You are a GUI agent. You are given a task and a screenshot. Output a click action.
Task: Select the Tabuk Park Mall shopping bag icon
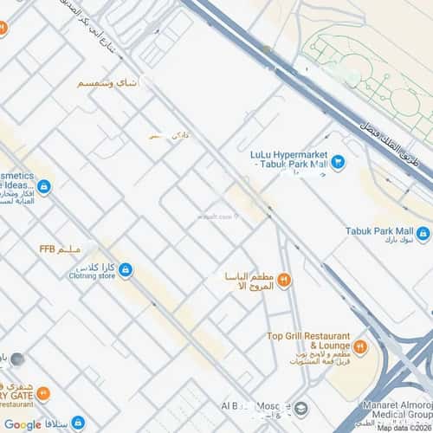coord(423,232)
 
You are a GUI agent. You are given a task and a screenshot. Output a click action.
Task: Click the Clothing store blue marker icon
coord(126,271)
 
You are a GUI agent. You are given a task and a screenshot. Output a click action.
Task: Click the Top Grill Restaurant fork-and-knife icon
coord(361,346)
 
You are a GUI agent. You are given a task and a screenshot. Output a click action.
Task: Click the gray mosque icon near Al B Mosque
coord(301,408)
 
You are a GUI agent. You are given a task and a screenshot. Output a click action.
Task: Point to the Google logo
coord(23,424)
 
